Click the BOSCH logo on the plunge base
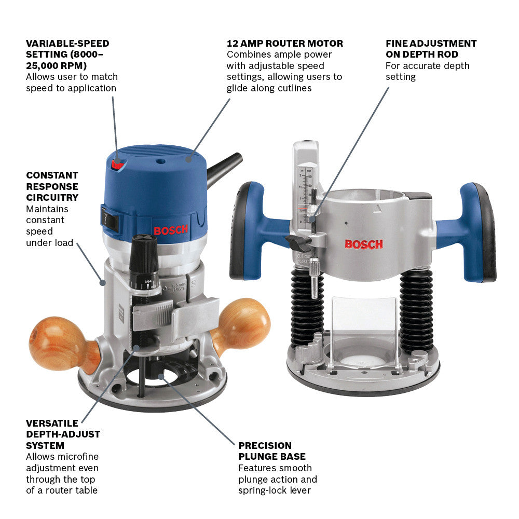pos(364,244)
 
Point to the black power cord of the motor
pos(224,169)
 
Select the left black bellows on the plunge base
pos(307,306)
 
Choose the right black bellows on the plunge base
pos(416,309)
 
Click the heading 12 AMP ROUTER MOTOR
pos(284,44)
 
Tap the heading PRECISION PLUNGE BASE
pos(272,451)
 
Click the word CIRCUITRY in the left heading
pos(52,197)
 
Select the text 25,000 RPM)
pos(56,65)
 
